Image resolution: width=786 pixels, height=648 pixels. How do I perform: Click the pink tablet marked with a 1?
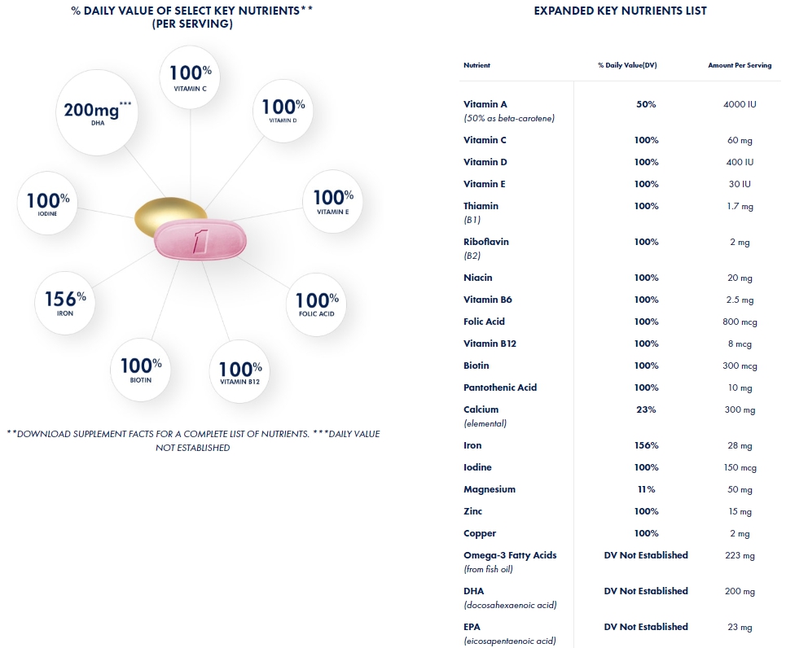click(200, 242)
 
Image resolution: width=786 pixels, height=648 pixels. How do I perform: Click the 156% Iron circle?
click(66, 302)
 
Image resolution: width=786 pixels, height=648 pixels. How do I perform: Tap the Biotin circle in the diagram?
click(142, 369)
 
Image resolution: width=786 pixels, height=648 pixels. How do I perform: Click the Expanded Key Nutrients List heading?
click(620, 11)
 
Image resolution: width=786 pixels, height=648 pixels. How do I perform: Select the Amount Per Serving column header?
click(740, 65)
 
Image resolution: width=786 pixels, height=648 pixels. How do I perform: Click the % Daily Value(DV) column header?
click(627, 65)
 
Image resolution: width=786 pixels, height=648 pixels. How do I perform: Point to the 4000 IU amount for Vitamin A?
click(740, 104)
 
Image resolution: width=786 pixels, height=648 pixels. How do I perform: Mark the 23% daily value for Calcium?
click(646, 409)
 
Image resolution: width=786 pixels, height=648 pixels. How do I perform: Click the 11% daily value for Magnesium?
click(646, 489)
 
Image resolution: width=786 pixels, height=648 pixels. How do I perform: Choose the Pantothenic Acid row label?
click(500, 387)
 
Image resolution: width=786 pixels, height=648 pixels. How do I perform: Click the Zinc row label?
click(473, 511)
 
